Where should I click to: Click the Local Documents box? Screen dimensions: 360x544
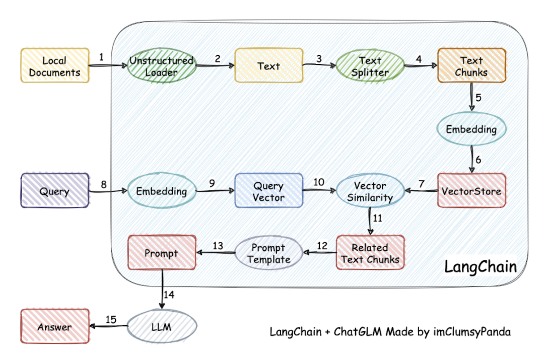click(x=54, y=66)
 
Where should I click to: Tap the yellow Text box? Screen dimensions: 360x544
click(x=269, y=65)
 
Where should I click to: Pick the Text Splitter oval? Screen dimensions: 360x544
click(x=370, y=66)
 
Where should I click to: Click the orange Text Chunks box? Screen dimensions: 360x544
click(x=471, y=66)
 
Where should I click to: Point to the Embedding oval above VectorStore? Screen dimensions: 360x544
click(x=471, y=129)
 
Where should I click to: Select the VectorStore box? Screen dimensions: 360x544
click(x=471, y=191)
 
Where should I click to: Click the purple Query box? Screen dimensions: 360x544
click(x=54, y=191)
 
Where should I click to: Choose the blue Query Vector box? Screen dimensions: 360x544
click(x=269, y=191)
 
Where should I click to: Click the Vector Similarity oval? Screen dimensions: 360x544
click(x=370, y=191)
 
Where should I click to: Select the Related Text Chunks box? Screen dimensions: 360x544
click(x=370, y=253)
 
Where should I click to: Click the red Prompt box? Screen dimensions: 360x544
click(x=162, y=253)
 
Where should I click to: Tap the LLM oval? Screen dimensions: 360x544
click(x=162, y=327)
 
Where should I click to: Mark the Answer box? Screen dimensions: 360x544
click(x=54, y=327)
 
